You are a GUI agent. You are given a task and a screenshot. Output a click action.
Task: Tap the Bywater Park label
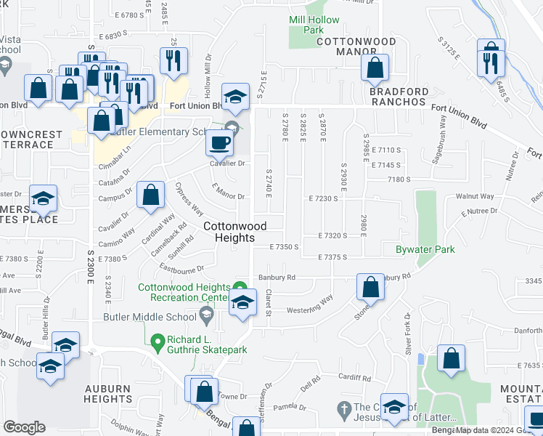pos(425,249)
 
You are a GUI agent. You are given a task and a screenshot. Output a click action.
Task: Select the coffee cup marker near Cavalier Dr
pos(220,143)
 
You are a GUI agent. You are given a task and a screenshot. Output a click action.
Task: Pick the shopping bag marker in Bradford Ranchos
pos(375,68)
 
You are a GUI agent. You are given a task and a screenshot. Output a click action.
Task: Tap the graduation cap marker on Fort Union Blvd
pos(235,97)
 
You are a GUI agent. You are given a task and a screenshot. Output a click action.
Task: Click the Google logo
pos(24,427)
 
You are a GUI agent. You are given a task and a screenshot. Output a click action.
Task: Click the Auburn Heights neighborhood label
pos(107,394)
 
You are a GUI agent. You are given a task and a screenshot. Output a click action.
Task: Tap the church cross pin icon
pos(344,407)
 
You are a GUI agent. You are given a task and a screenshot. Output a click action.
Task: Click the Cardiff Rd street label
pos(354,378)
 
